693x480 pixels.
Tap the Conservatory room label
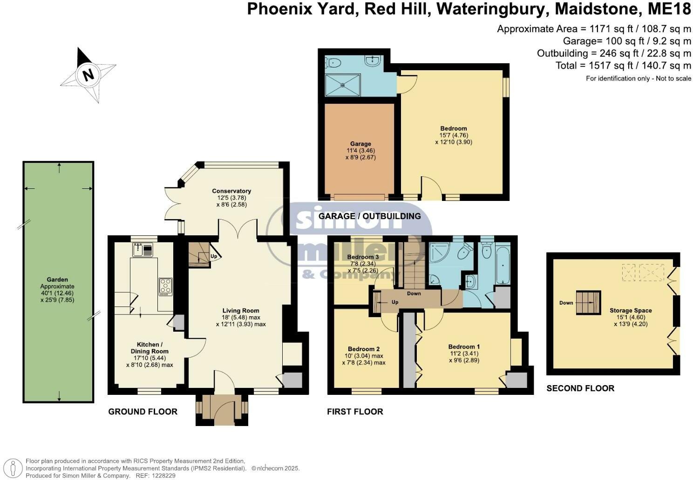(231, 191)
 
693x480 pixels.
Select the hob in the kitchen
(165, 287)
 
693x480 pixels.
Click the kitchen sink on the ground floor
(142, 251)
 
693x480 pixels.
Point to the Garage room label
(360, 144)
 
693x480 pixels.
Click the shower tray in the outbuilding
(343, 85)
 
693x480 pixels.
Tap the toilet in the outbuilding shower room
(332, 62)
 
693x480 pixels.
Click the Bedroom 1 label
(464, 347)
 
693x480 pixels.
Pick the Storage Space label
(631, 310)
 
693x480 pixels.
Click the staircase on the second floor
(588, 303)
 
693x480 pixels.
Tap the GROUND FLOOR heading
(143, 412)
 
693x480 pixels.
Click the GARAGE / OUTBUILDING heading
(369, 216)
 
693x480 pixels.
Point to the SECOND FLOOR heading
(580, 388)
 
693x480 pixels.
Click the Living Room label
(241, 310)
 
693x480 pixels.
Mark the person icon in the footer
(15, 467)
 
